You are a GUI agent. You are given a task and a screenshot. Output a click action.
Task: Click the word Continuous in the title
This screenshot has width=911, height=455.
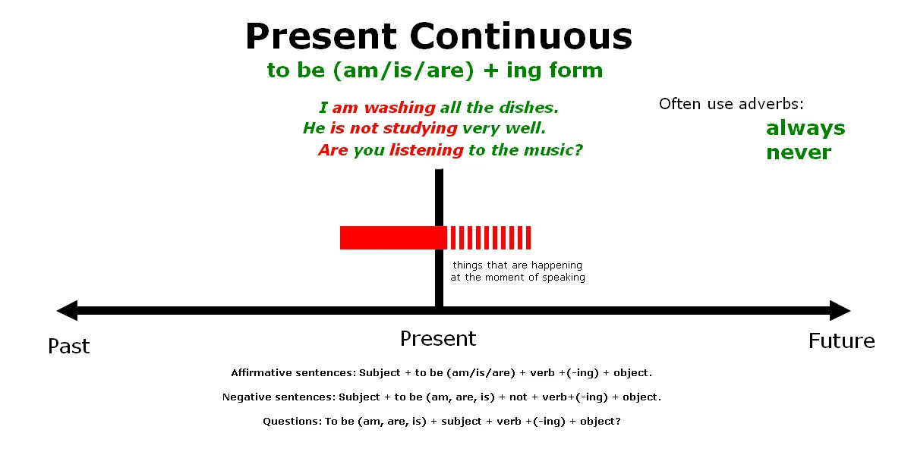(x=521, y=36)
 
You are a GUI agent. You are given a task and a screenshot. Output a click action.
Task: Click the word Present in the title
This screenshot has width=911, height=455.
(x=321, y=36)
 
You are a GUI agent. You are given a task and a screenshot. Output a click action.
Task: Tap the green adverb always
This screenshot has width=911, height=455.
(x=805, y=128)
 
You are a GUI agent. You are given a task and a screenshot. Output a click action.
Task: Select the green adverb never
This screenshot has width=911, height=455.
(x=799, y=152)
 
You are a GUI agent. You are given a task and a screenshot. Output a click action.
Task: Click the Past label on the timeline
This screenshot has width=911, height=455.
(x=69, y=346)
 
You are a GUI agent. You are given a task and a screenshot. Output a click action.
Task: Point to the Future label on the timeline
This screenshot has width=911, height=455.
(x=841, y=340)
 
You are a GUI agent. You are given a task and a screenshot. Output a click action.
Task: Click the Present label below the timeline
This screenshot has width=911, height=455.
(x=438, y=339)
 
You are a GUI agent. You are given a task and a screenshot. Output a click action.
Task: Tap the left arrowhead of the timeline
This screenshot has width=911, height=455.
(x=67, y=310)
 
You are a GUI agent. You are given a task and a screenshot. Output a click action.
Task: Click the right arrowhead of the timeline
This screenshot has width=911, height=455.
(x=840, y=310)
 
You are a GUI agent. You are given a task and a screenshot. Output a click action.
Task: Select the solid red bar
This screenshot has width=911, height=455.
(x=393, y=237)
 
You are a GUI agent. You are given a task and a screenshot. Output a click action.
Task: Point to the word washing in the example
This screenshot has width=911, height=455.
(x=400, y=108)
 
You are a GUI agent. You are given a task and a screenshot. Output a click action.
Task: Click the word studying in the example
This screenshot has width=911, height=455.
(x=420, y=128)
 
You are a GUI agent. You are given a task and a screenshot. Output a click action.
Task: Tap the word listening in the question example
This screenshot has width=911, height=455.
(x=426, y=150)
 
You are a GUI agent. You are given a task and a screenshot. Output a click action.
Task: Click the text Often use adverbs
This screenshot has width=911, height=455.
(x=731, y=104)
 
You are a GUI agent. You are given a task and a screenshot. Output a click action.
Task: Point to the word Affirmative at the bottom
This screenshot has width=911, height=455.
(x=260, y=373)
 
